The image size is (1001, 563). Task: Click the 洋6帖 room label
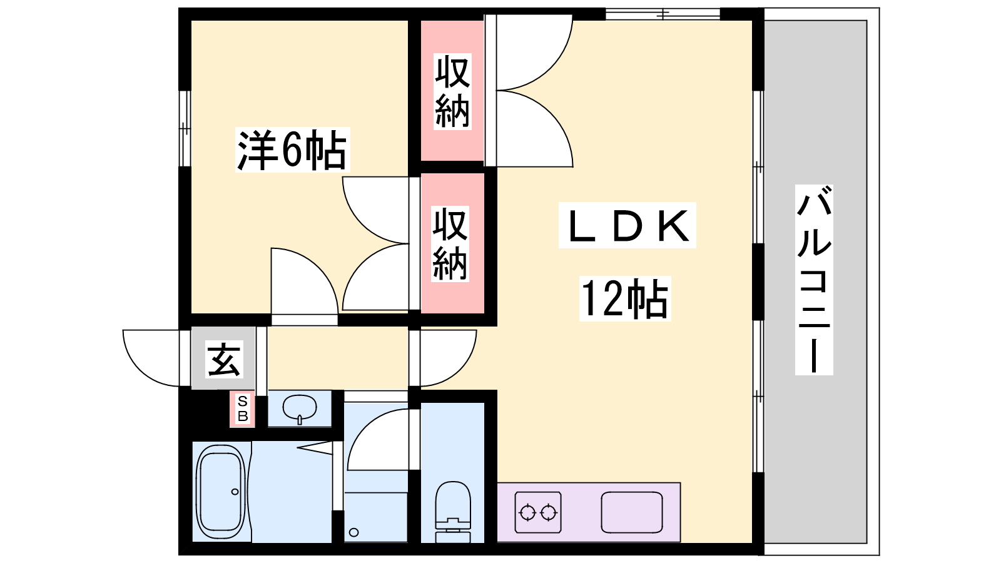[x=292, y=150]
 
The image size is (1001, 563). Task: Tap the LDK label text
[x=627, y=225]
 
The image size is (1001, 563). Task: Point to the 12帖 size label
[x=625, y=298]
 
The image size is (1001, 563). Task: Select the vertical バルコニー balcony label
[x=814, y=280]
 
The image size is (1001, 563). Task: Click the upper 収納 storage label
[x=452, y=91]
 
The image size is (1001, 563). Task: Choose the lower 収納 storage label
[x=450, y=243]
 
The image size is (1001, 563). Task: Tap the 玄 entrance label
[x=224, y=359]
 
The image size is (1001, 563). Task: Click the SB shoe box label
[x=242, y=408]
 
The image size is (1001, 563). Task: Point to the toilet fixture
[x=453, y=512]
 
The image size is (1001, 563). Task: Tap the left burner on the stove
[x=527, y=512]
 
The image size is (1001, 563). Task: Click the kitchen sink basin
[x=631, y=512]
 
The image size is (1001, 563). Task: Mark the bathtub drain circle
[x=235, y=492]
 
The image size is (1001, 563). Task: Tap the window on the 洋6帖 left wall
[x=185, y=129]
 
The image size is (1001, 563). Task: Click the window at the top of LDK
[x=663, y=14]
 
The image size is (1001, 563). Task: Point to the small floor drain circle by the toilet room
[x=354, y=532]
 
